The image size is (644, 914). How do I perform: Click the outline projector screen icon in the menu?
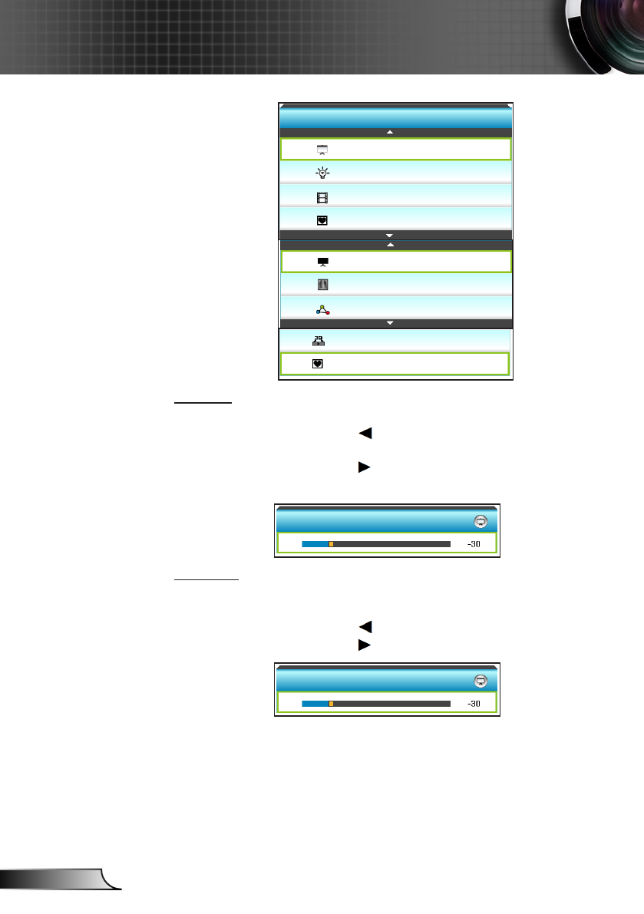pyautogui.click(x=322, y=149)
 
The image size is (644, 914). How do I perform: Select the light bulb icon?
pyautogui.click(x=322, y=173)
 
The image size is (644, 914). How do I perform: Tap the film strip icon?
pyautogui.click(x=322, y=197)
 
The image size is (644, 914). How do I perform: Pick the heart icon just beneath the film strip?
pyautogui.click(x=322, y=220)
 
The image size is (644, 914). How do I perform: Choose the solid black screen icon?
pyautogui.click(x=322, y=262)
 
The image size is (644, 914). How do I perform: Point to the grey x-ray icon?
pyautogui.click(x=322, y=285)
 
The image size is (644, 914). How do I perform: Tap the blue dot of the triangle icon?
pyautogui.click(x=317, y=312)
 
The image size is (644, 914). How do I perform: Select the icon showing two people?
pyautogui.click(x=319, y=342)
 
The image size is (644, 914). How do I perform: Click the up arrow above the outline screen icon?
pyautogui.click(x=390, y=133)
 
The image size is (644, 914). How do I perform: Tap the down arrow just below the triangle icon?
pyautogui.click(x=390, y=323)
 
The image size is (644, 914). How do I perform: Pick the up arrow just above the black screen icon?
pyautogui.click(x=390, y=245)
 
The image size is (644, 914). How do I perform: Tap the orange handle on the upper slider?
pyautogui.click(x=331, y=543)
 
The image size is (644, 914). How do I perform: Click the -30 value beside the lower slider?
pyautogui.click(x=474, y=703)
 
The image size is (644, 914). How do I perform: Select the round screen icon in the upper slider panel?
pyautogui.click(x=481, y=521)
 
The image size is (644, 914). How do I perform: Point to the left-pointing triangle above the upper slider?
pyautogui.click(x=365, y=434)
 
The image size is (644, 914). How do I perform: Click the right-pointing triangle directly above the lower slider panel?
pyautogui.click(x=365, y=645)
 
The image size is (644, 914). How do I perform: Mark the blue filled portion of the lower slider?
pyautogui.click(x=315, y=703)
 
